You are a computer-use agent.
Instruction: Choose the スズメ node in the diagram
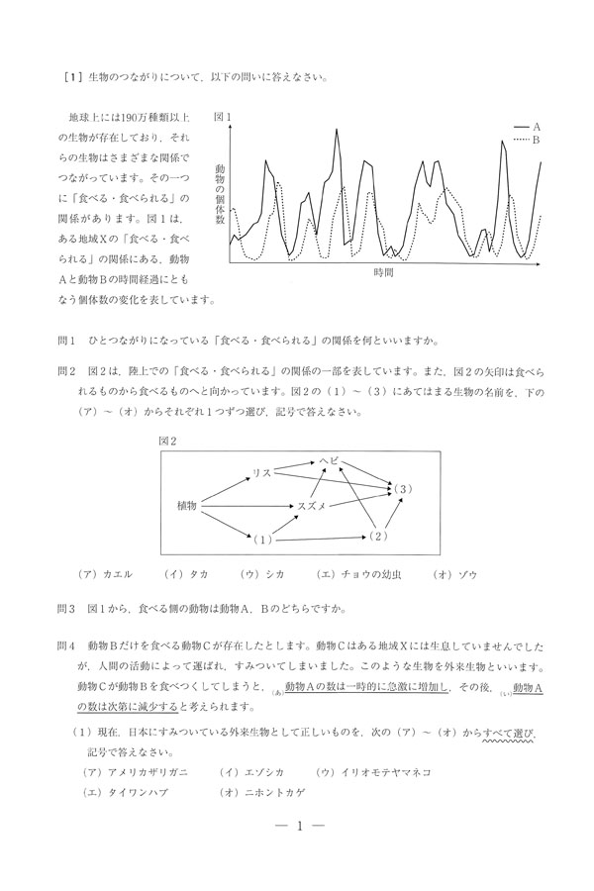coord(312,505)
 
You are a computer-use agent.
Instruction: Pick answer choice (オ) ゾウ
coord(455,573)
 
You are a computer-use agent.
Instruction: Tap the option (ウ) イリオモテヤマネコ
coord(375,771)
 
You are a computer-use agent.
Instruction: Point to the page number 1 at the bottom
coord(298,827)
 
